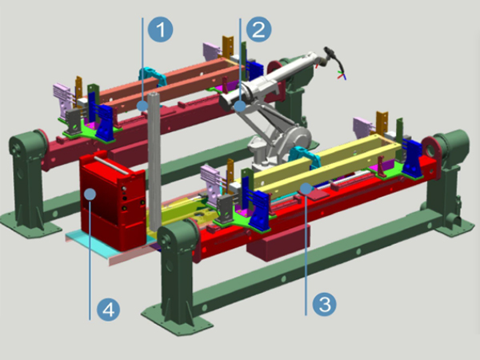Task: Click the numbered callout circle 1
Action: point(161,30)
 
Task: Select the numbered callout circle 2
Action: point(258,30)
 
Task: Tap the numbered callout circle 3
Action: point(325,304)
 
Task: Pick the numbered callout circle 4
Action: point(108,309)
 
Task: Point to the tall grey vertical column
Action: point(154,162)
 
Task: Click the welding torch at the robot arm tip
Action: point(333,58)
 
